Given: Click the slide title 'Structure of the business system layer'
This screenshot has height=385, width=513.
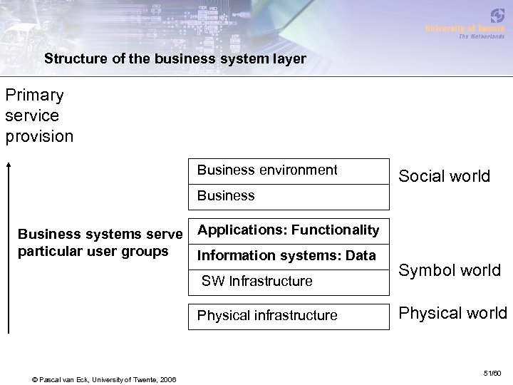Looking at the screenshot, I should [175, 59].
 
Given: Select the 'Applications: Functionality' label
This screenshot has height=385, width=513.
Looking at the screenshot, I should [288, 230].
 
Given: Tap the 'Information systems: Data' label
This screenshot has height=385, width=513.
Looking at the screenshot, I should [286, 255].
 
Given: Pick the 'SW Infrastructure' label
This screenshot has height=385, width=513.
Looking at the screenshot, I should [256, 281].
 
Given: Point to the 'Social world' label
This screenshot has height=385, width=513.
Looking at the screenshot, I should [444, 176].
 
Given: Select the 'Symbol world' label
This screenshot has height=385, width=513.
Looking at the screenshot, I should [449, 270].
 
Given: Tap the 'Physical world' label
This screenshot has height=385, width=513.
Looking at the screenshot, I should [452, 313].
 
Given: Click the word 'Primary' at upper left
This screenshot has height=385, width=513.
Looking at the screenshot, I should [34, 95].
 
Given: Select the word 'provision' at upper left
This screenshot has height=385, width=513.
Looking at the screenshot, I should [39, 135].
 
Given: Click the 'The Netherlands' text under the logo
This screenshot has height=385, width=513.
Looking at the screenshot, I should [481, 36].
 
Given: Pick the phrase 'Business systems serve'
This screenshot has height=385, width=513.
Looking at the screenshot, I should [100, 233].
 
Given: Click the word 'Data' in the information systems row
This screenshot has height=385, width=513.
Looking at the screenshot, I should [360, 255].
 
